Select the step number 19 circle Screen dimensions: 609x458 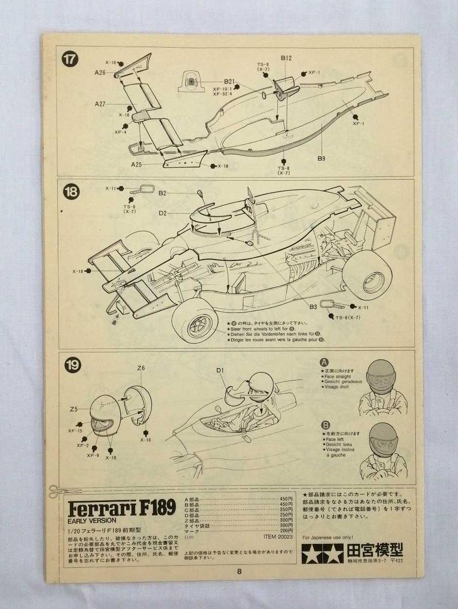click(73, 365)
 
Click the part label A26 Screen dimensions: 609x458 click(100, 73)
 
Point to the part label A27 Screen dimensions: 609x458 click(100, 103)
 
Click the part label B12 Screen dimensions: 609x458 click(286, 59)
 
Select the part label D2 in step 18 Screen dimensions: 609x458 click(163, 213)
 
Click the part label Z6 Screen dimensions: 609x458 click(140, 368)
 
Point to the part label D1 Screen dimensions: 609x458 click(220, 370)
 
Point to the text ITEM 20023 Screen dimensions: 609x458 click(278, 536)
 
